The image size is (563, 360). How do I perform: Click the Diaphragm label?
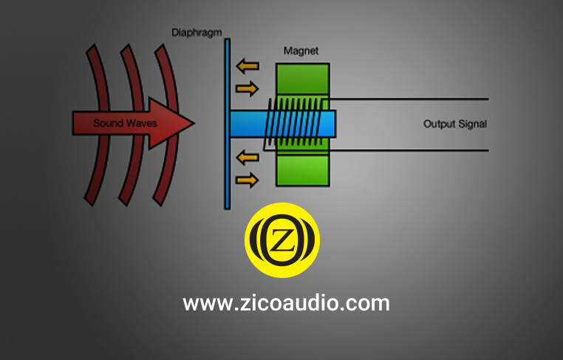point(197,33)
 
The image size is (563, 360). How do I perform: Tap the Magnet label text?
point(301,51)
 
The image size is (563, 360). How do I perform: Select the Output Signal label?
point(455,124)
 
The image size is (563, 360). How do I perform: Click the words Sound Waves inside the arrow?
point(125,123)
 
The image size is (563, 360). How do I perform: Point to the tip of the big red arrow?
point(194,123)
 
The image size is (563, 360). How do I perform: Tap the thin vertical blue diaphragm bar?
point(228,124)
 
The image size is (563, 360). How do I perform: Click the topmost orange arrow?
point(248,66)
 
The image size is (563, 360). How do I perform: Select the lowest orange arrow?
point(247,180)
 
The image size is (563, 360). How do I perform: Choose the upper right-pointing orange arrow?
point(247,89)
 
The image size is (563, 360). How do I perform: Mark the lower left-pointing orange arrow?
point(248,157)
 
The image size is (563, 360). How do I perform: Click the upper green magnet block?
point(303,79)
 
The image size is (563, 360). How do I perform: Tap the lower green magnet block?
point(303,170)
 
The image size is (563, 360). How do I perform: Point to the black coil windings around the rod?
point(292,123)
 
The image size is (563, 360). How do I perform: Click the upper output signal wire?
point(409,99)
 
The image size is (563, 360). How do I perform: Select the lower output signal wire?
point(409,150)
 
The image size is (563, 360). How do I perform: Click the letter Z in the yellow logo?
point(281,240)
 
